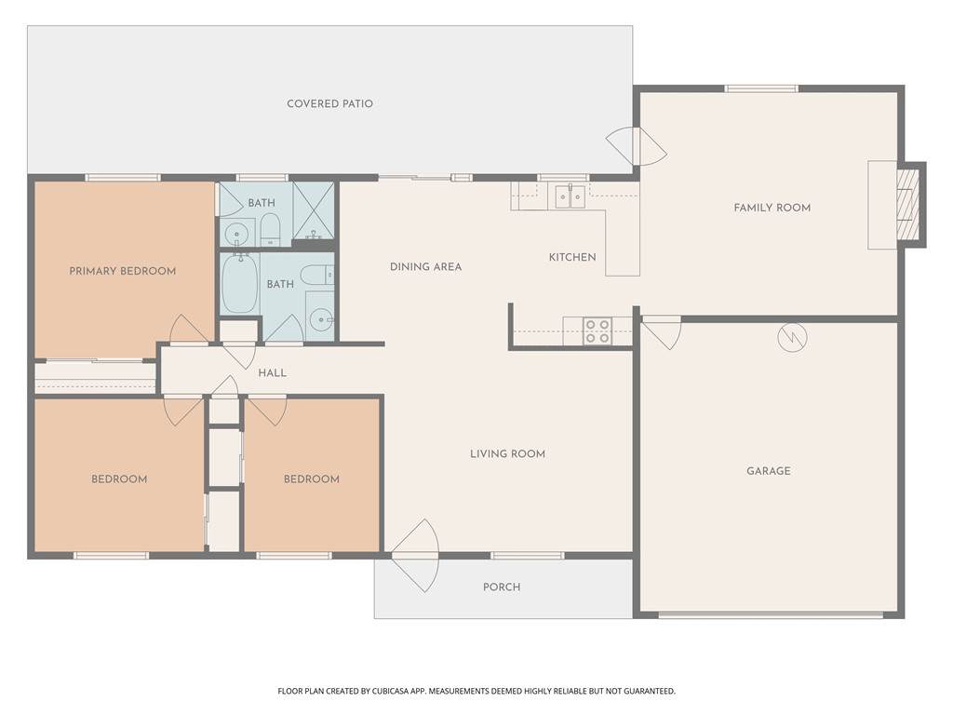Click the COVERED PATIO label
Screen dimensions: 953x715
(329, 104)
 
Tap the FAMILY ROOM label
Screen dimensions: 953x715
(772, 208)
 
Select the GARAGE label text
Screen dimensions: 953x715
(768, 471)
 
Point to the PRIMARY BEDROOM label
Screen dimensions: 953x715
(122, 271)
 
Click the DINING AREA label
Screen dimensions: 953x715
(425, 267)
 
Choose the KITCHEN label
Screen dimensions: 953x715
(572, 257)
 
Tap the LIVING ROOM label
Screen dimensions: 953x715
(507, 453)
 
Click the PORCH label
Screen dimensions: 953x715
(502, 587)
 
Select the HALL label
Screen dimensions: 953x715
(272, 373)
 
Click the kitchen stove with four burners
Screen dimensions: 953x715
(597, 331)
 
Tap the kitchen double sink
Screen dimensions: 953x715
(570, 196)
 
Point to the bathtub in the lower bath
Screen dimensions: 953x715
(240, 284)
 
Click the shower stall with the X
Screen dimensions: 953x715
(313, 209)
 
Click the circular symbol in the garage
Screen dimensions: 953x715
(792, 337)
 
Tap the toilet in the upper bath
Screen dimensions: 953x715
(269, 229)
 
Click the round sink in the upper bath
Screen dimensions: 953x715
(235, 232)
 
